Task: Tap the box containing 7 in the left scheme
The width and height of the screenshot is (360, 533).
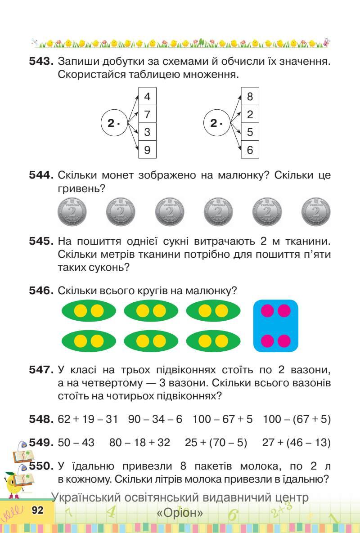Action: coord(147,114)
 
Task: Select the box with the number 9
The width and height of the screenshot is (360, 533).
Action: coord(147,150)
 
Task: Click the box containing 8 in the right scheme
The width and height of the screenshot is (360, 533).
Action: coord(250,96)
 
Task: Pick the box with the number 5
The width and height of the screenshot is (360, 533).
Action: coord(250,132)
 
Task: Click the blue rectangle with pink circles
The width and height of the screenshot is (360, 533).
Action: coord(276,326)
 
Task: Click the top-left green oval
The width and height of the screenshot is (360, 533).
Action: coord(89,311)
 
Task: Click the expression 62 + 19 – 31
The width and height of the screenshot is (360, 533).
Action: coord(88,419)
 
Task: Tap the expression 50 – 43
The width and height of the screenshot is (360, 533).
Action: coord(76,442)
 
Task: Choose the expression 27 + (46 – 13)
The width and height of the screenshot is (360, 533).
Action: coord(296,442)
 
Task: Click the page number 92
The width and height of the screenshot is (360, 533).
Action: coord(37,510)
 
